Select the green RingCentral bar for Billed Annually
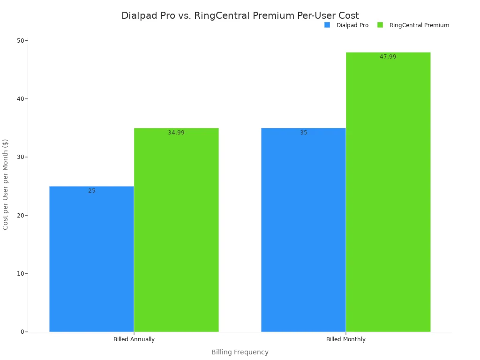point(176,230)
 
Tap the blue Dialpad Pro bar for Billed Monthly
point(303,230)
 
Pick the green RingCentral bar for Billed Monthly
point(388,192)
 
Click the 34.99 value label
point(176,133)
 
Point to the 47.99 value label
point(388,57)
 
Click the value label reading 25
point(92,191)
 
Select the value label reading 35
point(304,133)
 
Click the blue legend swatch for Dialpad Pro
point(327,25)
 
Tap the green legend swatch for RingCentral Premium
point(380,25)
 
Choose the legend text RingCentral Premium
point(419,25)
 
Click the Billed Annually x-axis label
point(134,339)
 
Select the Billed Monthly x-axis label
point(346,339)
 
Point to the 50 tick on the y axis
point(21,41)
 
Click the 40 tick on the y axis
point(21,99)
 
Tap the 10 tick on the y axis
point(21,274)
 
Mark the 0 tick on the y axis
point(22,332)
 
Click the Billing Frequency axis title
point(240,352)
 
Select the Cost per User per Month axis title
point(6,184)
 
